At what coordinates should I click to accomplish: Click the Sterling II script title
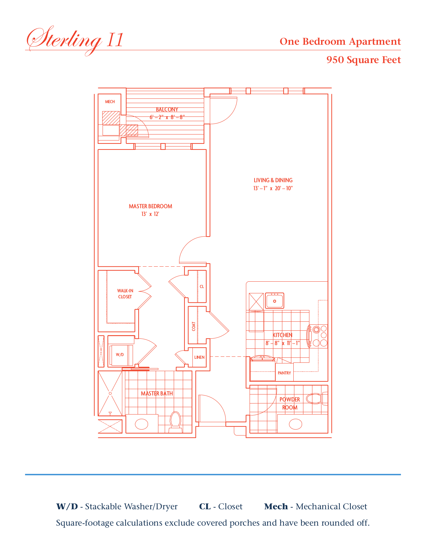pos(75,41)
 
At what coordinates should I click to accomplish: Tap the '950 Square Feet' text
pos(364,60)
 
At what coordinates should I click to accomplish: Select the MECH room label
pos(110,102)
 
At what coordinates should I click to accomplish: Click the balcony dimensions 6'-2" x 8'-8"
pos(167,117)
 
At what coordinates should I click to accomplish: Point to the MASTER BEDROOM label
pos(151,206)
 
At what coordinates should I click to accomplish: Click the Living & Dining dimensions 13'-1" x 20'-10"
pos(273,188)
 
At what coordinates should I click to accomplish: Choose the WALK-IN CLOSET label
pos(125,294)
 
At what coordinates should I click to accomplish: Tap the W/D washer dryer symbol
pos(121,355)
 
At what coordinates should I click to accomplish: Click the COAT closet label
pos(194,326)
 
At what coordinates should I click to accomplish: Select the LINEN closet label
pos(199,357)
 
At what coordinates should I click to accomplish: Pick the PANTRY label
pos(284,373)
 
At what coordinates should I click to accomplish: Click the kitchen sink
pos(274,301)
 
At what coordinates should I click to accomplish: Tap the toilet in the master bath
pos(175,422)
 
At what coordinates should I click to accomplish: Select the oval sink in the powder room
pos(295,424)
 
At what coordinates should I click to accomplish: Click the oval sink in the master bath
pos(141,424)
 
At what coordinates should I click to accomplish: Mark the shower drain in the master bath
pos(110,393)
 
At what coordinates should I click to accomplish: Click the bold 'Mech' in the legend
pos(276,506)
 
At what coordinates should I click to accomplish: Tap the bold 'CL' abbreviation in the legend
pos(205,506)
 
